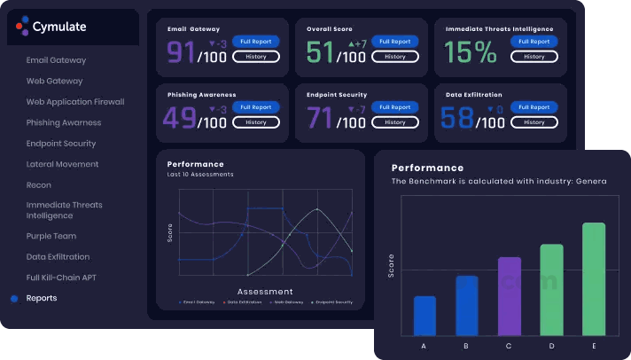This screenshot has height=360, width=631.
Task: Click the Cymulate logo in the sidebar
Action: point(51,27)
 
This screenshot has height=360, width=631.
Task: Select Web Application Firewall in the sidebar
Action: point(75,102)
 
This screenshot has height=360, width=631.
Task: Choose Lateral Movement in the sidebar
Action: point(62,164)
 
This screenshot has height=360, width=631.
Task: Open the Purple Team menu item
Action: point(51,236)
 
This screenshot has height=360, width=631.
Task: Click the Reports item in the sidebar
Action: point(42,298)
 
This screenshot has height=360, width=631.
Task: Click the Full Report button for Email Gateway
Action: point(255,42)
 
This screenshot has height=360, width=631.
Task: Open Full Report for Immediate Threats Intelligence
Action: point(534,42)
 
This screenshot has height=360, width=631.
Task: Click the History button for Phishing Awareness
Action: point(255,122)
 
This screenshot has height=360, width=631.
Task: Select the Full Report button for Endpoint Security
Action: point(394,107)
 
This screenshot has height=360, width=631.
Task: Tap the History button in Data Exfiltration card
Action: point(534,122)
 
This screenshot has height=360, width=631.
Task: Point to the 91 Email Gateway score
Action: point(181,52)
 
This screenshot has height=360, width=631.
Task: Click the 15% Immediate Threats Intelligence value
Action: point(471,52)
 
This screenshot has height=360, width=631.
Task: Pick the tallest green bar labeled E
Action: point(594,278)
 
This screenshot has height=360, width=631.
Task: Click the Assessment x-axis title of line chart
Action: point(265,291)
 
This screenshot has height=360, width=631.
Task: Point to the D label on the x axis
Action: point(551,346)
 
